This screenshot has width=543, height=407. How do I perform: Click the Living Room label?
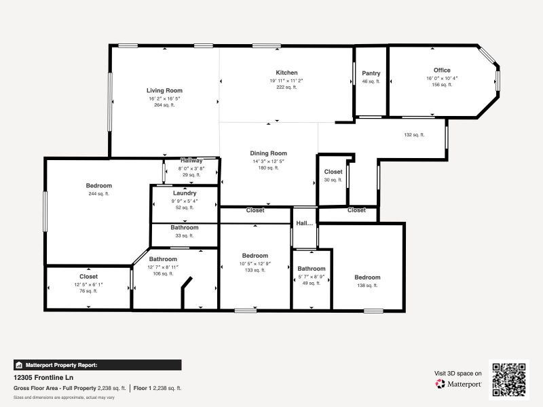click(x=164, y=90)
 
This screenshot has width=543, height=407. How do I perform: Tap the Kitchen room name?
click(x=286, y=73)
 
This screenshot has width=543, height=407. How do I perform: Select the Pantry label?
click(x=371, y=73)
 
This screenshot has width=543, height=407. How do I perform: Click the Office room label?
click(x=442, y=70)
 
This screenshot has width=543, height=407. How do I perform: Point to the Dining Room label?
click(x=269, y=153)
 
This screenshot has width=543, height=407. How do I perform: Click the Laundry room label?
click(x=185, y=193)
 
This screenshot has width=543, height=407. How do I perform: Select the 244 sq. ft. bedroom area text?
click(x=99, y=193)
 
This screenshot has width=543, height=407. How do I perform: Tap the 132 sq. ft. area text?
click(x=413, y=134)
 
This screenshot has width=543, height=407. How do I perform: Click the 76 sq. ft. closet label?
click(x=88, y=277)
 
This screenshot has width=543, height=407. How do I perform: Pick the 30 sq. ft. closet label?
click(x=333, y=172)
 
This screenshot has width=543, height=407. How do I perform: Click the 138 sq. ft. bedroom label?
click(x=367, y=277)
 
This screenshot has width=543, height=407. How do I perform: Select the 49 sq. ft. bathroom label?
click(x=312, y=269)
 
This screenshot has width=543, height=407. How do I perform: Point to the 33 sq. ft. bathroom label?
click(x=185, y=228)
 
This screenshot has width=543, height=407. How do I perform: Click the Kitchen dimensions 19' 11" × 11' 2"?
click(x=286, y=81)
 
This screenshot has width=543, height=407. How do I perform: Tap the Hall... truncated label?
click(x=305, y=222)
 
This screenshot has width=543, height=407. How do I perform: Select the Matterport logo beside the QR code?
click(x=459, y=384)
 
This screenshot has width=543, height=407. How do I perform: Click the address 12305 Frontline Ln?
click(x=43, y=377)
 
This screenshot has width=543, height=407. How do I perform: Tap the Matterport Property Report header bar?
click(x=97, y=365)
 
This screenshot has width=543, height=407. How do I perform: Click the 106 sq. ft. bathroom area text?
click(x=163, y=274)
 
